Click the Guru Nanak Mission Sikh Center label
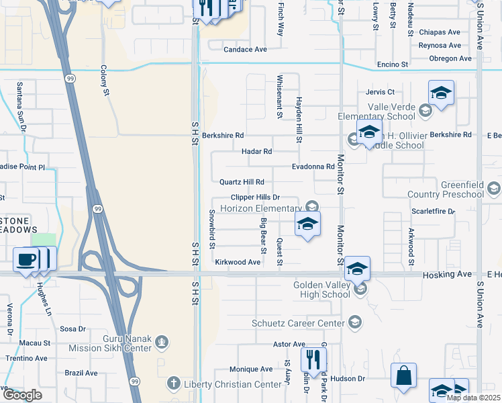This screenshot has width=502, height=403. [x=111, y=344]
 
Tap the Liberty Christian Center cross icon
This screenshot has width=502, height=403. [x=172, y=384]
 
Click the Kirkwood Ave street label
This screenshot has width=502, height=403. [x=237, y=262]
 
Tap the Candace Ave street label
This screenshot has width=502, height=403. [x=245, y=50]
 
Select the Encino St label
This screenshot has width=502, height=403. [x=394, y=64]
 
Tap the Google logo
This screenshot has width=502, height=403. [x=22, y=395]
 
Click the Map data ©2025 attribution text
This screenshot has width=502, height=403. [x=473, y=398]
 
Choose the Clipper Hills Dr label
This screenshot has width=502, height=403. [x=254, y=197]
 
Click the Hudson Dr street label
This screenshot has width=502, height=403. [x=352, y=379]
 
